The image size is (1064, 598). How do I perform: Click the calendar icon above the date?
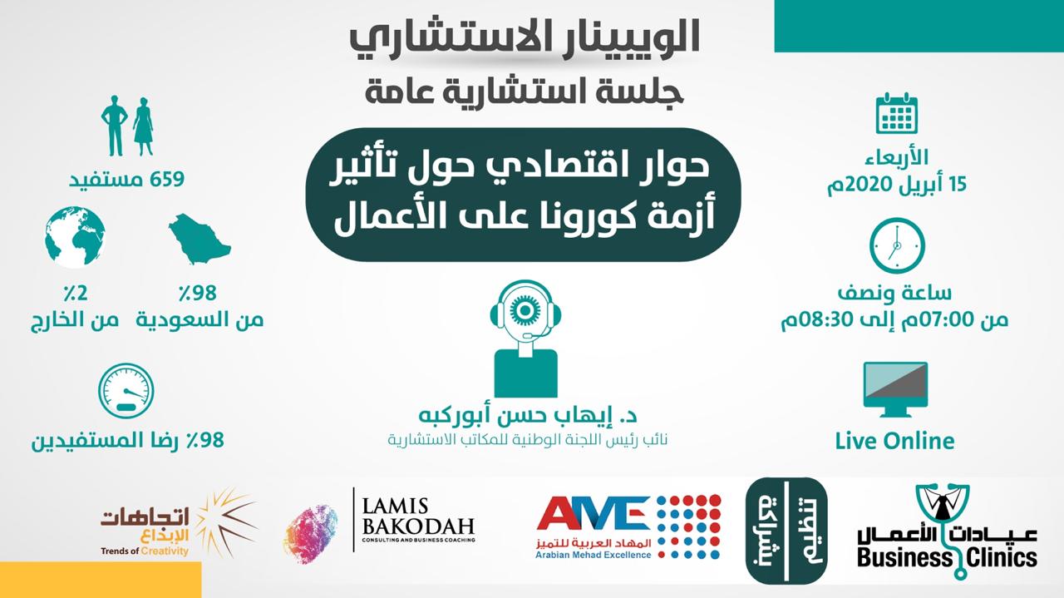pyautogui.click(x=896, y=113)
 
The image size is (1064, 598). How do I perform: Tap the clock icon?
pyautogui.click(x=897, y=245)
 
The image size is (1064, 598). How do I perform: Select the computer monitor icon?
pyautogui.click(x=895, y=390)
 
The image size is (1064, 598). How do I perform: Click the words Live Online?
pyautogui.click(x=895, y=441)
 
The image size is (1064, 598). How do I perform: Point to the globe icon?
pyautogui.click(x=75, y=237)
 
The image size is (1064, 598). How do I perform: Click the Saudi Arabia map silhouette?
pyautogui.click(x=199, y=239)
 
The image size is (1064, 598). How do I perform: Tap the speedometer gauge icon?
pyautogui.click(x=126, y=391)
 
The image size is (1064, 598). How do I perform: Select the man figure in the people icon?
pyautogui.click(x=115, y=126)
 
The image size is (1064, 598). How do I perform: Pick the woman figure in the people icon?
pyautogui.click(x=144, y=126)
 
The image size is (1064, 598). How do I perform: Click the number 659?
pyautogui.click(x=167, y=180)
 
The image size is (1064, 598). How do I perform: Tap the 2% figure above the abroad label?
pyautogui.click(x=76, y=294)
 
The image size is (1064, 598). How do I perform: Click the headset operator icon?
pyautogui.click(x=525, y=339)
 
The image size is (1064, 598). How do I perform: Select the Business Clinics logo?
pyautogui.click(x=947, y=531)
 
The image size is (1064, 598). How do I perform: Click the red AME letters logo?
pyautogui.click(x=594, y=513)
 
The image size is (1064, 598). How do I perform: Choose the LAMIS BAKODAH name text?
pyautogui.click(x=418, y=516)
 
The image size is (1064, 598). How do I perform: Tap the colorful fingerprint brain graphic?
pyautogui.click(x=311, y=533)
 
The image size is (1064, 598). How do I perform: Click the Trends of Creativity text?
pyautogui.click(x=145, y=551)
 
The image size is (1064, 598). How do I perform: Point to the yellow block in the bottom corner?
pyautogui.click(x=101, y=580)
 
